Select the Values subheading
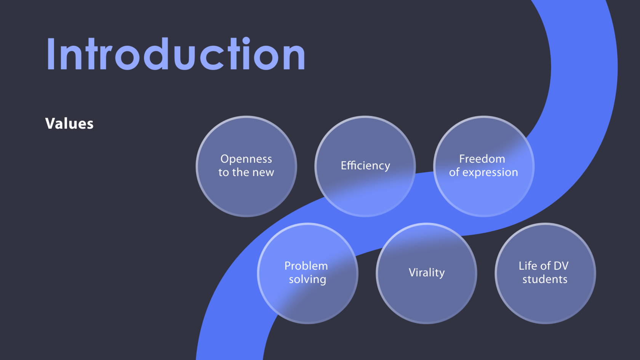[x=69, y=124]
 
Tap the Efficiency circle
[x=365, y=166]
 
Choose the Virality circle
[x=426, y=274]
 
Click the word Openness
[x=246, y=159]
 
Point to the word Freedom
[x=482, y=159]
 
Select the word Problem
[x=306, y=266]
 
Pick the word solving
[x=307, y=280]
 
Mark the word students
[x=545, y=280]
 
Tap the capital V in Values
[x=51, y=123]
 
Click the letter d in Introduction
[x=156, y=53]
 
